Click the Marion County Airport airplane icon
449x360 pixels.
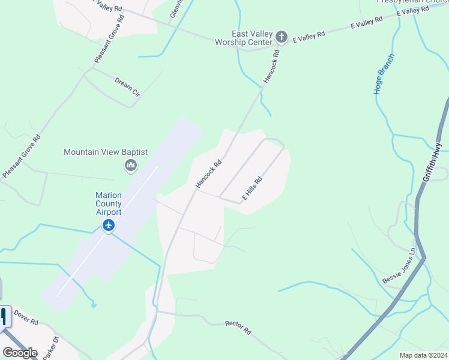109,226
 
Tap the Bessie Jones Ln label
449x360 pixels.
399,266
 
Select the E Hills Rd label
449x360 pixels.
252,188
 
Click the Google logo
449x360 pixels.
20,353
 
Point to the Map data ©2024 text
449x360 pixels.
423,355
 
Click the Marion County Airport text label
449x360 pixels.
109,203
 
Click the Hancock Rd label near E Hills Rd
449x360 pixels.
209,173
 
